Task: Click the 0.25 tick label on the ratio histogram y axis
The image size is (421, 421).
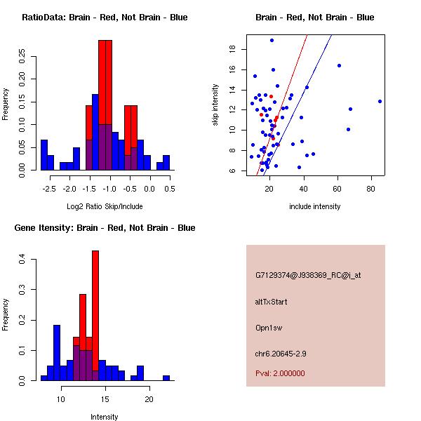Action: (x=23, y=57)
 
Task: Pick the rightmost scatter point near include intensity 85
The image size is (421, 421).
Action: (x=380, y=101)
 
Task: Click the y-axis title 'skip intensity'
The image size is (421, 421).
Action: (x=216, y=105)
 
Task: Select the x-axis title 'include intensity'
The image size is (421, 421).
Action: (x=315, y=207)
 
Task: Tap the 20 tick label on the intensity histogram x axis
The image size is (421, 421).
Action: (x=149, y=399)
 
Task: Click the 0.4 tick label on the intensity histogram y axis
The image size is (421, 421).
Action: (x=23, y=260)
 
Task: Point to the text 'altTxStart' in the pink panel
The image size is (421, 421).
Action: (x=272, y=302)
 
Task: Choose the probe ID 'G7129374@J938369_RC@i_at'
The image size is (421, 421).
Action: (x=308, y=276)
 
